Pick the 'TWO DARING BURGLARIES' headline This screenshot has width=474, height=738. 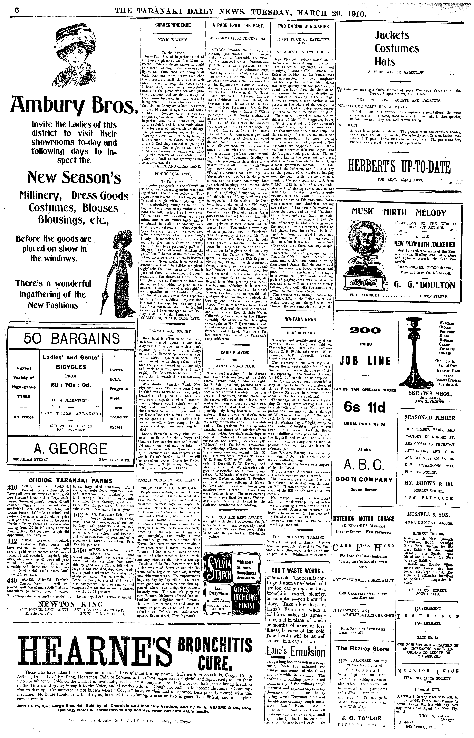(303, 26)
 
